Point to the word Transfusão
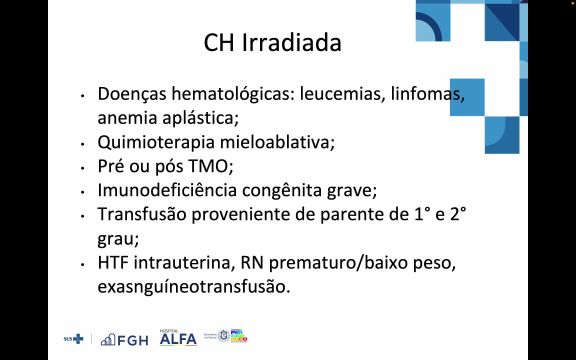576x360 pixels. pyautogui.click(x=143, y=214)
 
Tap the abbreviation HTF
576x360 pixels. pyautogui.click(x=115, y=262)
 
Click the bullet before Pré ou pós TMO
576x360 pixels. pyautogui.click(x=83, y=167)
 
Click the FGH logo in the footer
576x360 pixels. pyautogui.click(x=125, y=339)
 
